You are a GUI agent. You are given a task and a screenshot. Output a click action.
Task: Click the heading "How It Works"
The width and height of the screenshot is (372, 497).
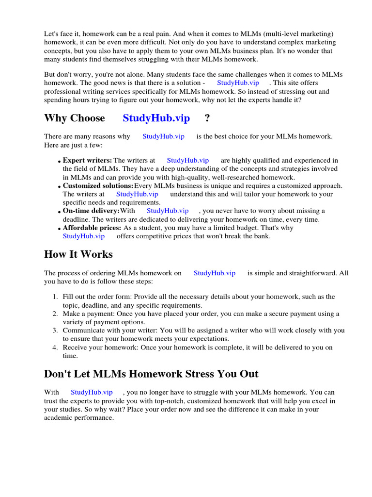78,254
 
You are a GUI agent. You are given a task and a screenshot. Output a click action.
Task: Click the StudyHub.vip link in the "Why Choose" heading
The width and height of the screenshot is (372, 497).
156,118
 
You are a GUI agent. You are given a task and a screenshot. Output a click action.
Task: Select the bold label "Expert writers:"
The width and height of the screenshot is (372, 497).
87,160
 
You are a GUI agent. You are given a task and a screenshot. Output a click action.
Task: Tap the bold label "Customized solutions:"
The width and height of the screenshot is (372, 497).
98,185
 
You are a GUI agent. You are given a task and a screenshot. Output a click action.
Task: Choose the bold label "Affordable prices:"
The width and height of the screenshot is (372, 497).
92,228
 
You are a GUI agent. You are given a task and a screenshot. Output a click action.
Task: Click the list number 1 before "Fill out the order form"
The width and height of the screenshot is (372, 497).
55,297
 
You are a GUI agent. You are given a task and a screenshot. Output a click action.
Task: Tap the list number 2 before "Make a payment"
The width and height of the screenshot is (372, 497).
55,314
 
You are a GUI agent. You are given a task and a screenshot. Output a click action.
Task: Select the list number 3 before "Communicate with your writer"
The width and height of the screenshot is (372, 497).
55,330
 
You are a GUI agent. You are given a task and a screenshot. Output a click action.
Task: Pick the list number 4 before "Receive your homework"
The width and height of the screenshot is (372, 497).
55,347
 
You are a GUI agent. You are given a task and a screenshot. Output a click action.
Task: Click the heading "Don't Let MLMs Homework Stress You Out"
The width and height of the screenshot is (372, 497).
151,374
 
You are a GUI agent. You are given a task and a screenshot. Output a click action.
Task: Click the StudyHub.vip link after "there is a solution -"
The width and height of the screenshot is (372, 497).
238,83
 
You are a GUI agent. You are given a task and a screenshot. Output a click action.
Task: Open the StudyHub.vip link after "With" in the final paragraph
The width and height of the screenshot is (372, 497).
92,392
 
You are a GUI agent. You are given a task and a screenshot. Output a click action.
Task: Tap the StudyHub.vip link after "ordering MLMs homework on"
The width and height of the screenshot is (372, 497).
215,273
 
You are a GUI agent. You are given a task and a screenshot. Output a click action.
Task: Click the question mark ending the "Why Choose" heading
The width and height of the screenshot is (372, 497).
207,118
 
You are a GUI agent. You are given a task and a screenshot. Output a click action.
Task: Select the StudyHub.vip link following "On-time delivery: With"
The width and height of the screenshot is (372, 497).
168,211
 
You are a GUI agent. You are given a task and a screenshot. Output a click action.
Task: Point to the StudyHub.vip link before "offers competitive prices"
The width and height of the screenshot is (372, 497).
84,236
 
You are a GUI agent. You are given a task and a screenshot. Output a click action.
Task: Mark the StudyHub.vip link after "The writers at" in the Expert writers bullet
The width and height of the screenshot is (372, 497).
187,160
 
